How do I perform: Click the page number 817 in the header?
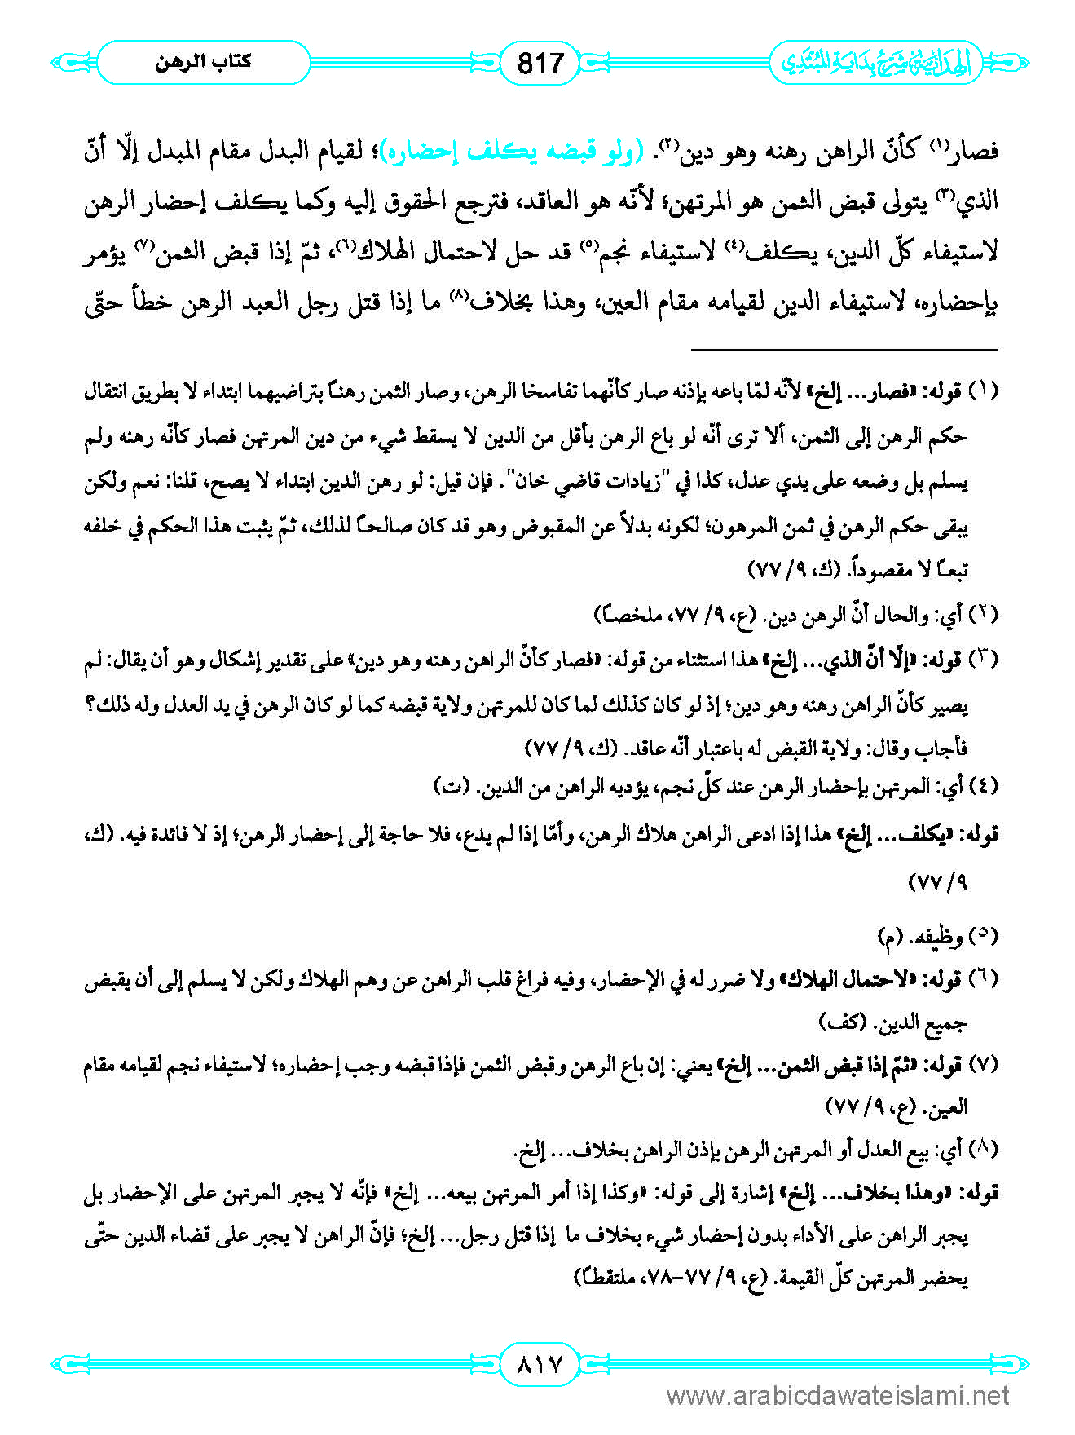pos(540,62)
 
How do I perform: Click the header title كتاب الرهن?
pos(203,62)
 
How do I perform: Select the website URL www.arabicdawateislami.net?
pos(839,1397)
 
